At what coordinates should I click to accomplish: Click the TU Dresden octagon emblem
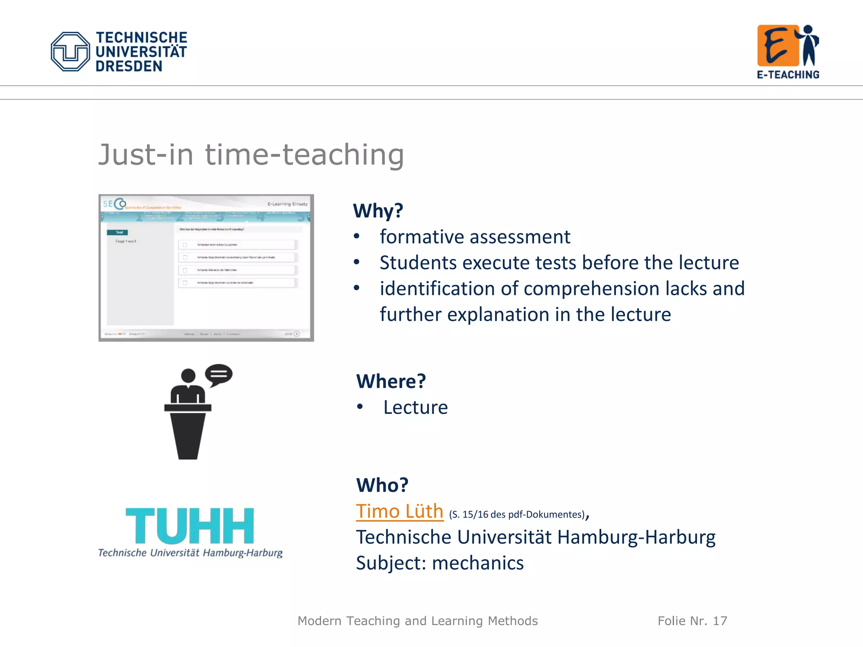70,51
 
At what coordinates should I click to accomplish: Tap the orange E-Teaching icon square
778,45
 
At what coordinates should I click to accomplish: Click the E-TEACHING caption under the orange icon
788,75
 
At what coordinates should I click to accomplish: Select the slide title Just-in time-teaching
251,155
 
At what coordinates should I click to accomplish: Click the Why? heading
378,211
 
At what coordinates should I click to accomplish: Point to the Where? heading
391,381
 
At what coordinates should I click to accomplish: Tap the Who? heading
382,485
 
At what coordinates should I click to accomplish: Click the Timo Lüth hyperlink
399,511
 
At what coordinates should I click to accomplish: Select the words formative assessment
475,237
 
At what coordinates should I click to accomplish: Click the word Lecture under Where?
415,407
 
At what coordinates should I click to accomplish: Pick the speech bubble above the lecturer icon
219,374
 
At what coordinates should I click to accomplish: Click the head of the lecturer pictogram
188,376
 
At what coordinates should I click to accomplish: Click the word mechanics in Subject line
478,563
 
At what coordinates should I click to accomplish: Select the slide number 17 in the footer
720,621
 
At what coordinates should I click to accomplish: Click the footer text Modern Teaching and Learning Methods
418,621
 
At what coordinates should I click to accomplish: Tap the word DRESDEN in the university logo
129,66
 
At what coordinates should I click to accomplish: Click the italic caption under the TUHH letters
190,553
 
